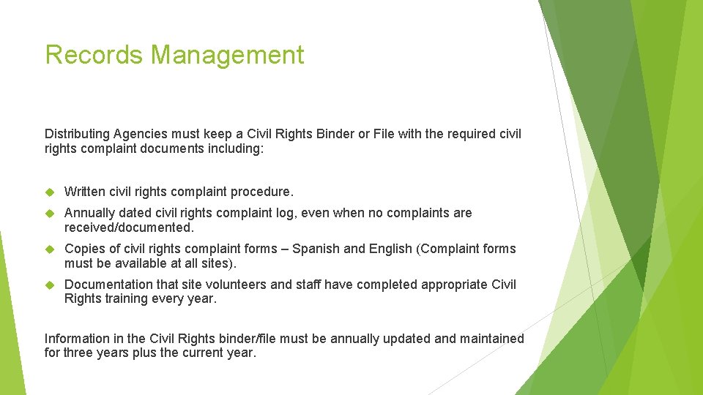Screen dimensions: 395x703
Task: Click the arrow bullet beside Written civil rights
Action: tap(50, 192)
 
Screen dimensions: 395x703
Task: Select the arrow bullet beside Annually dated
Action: tap(50, 213)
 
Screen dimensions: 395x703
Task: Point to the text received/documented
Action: tap(129, 227)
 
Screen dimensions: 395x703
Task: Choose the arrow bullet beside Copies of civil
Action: tap(50, 249)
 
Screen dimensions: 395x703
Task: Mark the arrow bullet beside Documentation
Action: tap(50, 285)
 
